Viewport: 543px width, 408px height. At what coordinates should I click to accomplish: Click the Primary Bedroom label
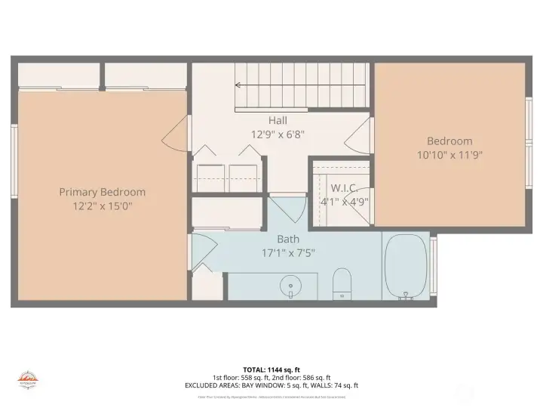pyautogui.click(x=103, y=192)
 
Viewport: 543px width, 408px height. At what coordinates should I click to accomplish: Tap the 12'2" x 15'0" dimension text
pyautogui.click(x=103, y=206)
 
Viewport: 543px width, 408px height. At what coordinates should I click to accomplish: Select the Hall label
pyautogui.click(x=278, y=120)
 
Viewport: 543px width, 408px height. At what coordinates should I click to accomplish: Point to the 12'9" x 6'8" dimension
pyautogui.click(x=278, y=134)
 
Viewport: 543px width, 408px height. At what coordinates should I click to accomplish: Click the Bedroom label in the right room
pyautogui.click(x=449, y=141)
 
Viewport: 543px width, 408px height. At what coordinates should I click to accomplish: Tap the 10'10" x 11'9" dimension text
pyautogui.click(x=449, y=155)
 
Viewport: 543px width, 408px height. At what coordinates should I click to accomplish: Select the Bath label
pyautogui.click(x=278, y=239)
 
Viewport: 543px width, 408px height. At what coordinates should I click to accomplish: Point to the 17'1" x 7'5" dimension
pyautogui.click(x=278, y=252)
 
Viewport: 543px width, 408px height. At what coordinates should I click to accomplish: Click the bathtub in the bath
pyautogui.click(x=406, y=266)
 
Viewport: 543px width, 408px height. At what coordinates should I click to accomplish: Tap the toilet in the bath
pyautogui.click(x=342, y=283)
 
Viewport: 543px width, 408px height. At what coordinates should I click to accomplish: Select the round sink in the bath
pyautogui.click(x=290, y=287)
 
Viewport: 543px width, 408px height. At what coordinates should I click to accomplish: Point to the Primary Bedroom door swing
pyautogui.click(x=174, y=135)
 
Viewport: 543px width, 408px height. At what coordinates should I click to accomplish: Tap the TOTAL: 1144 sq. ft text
pyautogui.click(x=271, y=369)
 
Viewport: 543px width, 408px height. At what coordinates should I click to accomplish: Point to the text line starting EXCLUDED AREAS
pyautogui.click(x=271, y=385)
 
